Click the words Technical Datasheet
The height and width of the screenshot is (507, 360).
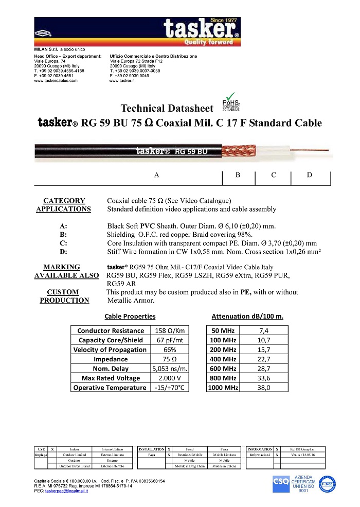(166, 109)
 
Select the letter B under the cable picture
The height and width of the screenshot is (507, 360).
(238, 176)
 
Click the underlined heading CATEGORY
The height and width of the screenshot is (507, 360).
(64, 201)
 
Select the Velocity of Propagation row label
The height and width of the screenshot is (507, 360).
(110, 349)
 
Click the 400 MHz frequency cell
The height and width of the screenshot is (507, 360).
(223, 359)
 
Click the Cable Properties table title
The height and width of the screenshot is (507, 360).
(130, 317)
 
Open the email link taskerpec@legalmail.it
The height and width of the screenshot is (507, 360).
(66, 491)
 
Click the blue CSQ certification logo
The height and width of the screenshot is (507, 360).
(281, 484)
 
